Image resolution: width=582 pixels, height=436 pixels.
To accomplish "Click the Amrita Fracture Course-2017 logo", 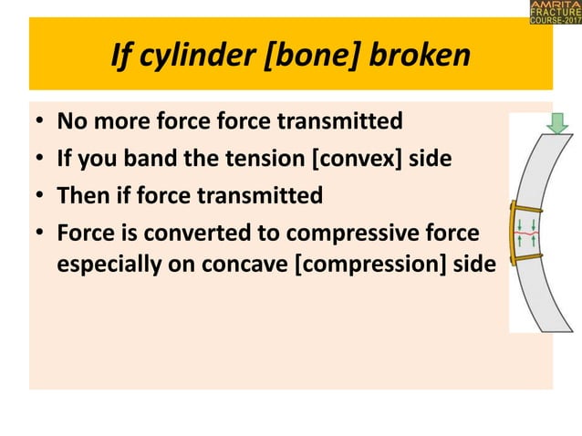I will [553, 14].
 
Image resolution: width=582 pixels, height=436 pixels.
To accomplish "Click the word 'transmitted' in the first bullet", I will [347, 121].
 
